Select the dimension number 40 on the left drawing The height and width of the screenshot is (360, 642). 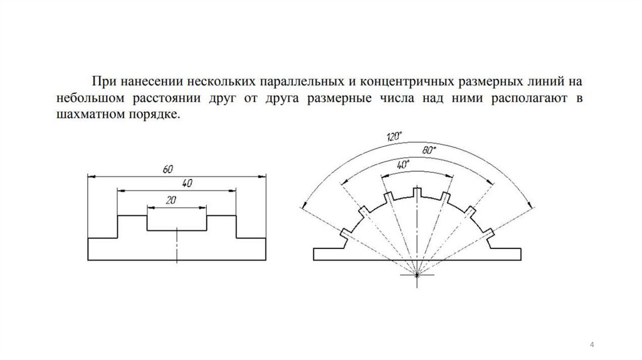tap(186, 183)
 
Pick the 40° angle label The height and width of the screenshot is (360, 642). tap(403, 164)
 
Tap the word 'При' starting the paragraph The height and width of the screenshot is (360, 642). tap(103, 82)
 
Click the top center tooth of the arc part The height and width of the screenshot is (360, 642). tap(418, 191)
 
